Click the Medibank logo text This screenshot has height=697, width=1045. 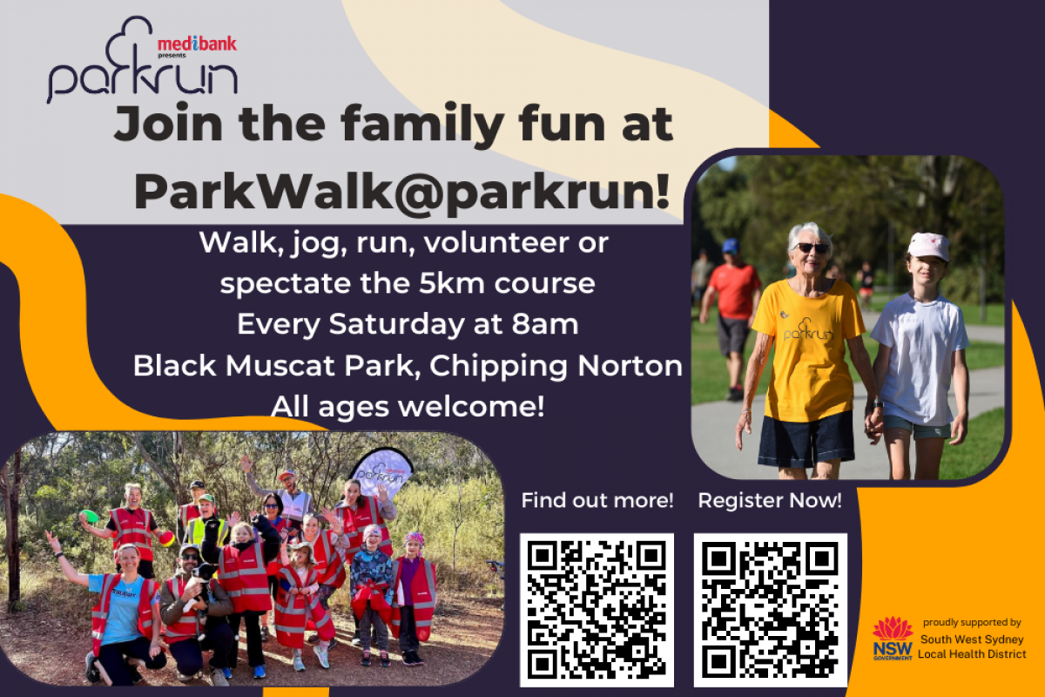(196, 44)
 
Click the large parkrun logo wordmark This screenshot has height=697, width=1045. (142, 78)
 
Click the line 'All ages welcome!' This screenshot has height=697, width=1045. (408, 406)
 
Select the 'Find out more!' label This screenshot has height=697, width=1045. (597, 501)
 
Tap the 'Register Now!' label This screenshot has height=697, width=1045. (770, 501)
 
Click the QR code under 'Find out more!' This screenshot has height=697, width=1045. (597, 608)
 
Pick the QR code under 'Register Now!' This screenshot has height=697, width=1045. (770, 608)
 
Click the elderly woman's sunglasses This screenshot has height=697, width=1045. (811, 248)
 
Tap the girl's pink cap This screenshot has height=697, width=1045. (928, 247)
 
